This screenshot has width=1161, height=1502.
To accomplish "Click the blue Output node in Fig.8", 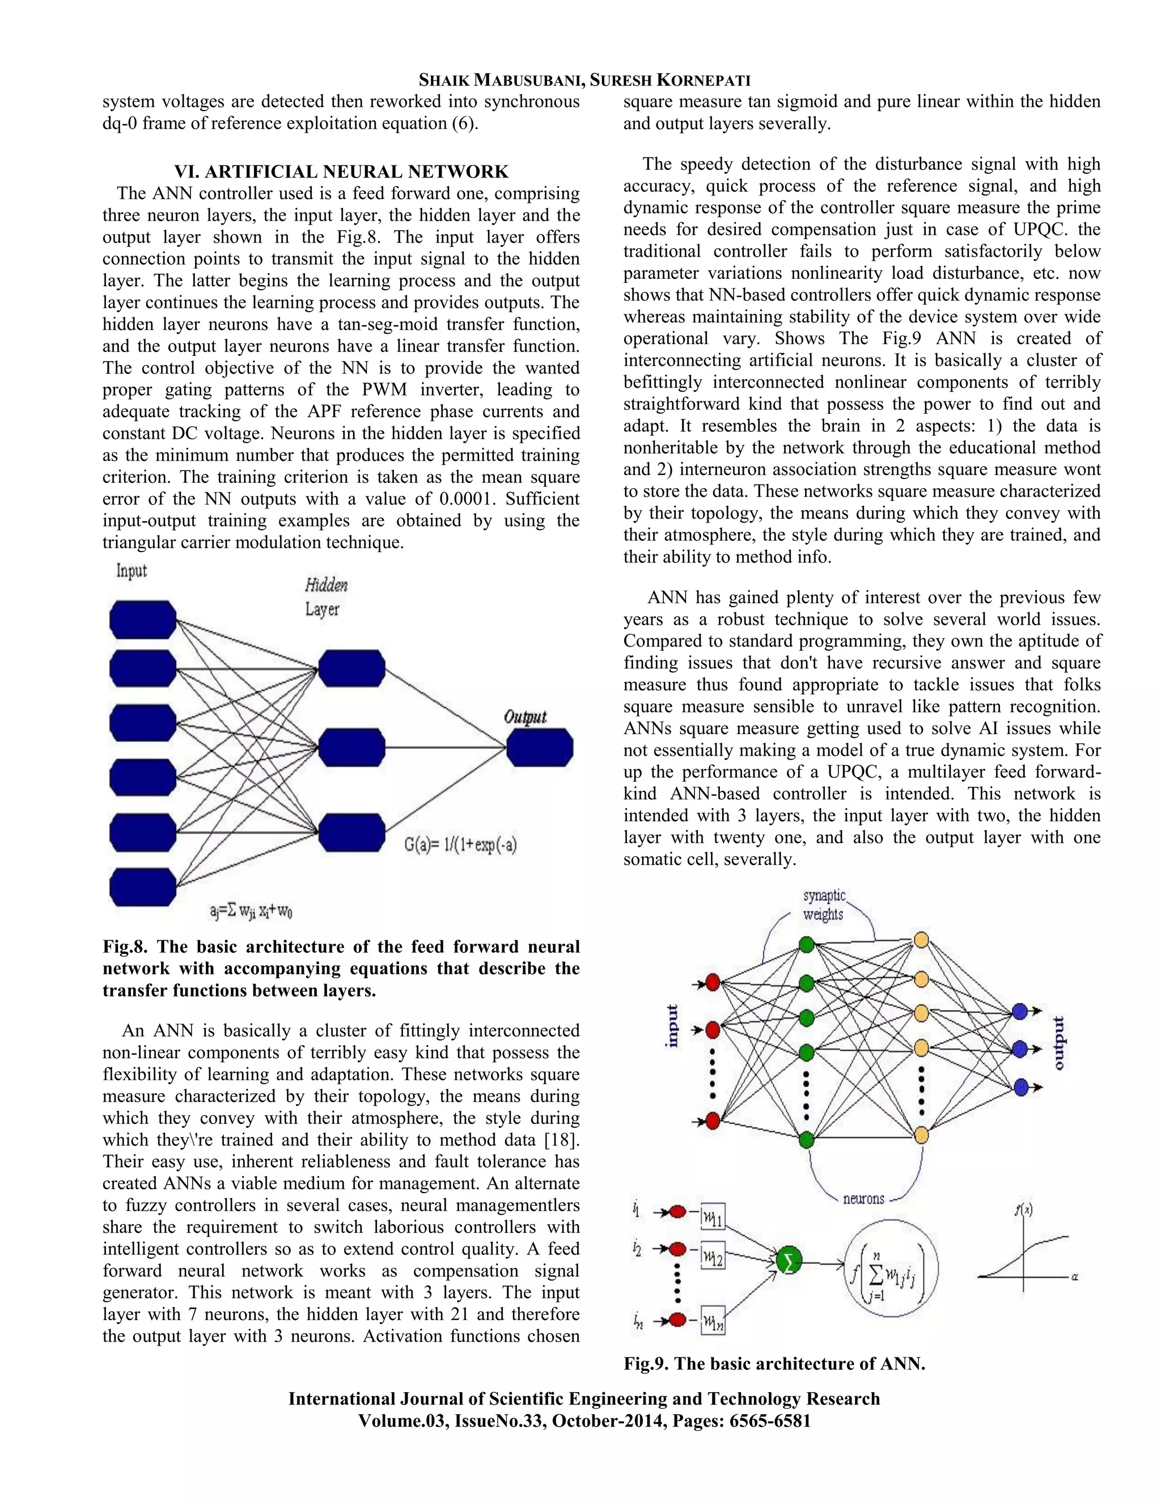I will (539, 748).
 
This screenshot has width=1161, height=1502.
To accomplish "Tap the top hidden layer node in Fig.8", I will (351, 668).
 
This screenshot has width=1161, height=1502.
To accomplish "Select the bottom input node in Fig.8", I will (143, 887).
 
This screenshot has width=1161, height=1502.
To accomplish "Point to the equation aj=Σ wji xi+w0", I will (252, 912).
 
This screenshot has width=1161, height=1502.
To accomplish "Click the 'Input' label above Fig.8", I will (132, 571).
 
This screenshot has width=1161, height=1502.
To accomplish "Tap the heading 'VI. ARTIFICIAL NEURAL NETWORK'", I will (341, 171).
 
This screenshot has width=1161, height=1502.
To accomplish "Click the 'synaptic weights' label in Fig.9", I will (823, 905).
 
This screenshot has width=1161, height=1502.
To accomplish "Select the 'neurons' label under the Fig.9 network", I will (864, 1199).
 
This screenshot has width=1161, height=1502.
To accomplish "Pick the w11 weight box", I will (713, 1218).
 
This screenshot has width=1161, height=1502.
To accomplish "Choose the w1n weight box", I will (713, 1322).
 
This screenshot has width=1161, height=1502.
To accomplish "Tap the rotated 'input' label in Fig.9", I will (672, 1026).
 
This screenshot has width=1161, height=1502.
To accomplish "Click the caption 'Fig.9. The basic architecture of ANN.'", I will (774, 1364).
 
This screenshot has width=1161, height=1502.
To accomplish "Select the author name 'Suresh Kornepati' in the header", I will (670, 80).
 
